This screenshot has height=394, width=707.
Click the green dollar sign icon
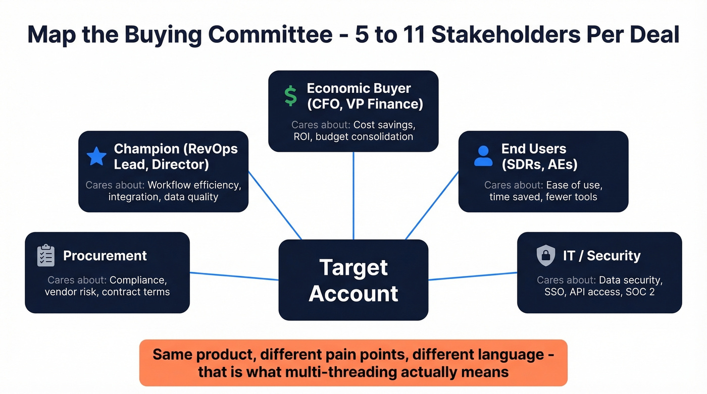point(290,96)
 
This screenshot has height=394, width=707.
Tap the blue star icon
point(96,156)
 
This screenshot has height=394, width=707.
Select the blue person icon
point(483,156)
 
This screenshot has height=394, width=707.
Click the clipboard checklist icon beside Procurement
point(46,256)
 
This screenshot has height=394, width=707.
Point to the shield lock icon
point(545,256)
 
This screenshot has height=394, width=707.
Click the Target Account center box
point(353,280)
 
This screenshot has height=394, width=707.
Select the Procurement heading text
point(105,256)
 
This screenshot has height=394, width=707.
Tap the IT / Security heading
point(601,256)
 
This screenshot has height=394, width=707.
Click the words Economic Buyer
point(359,88)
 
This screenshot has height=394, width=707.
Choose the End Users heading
point(534,149)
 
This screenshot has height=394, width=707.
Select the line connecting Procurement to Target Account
point(234,276)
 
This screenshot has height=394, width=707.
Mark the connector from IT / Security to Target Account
point(473,276)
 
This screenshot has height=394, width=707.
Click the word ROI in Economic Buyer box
point(302,137)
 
